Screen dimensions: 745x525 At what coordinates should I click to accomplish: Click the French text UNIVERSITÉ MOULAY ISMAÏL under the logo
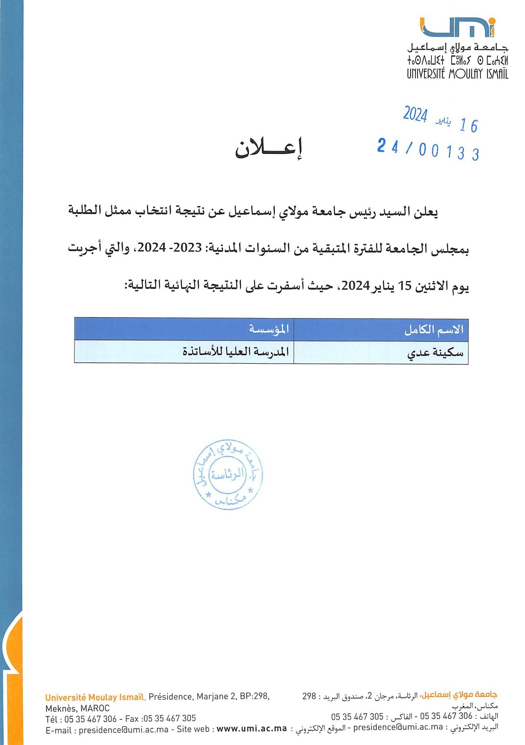point(458,74)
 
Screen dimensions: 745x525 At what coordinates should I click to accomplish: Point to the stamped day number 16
point(469,126)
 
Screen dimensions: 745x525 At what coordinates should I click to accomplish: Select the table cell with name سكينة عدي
point(435,353)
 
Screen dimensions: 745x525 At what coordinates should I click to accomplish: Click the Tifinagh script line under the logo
point(458,61)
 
